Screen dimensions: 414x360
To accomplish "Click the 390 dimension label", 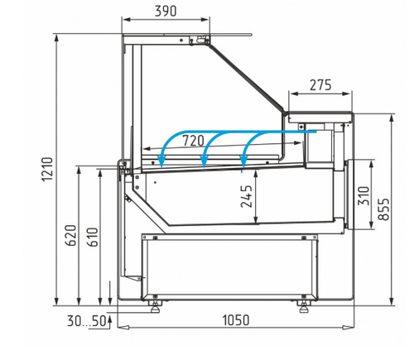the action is pyautogui.click(x=166, y=11).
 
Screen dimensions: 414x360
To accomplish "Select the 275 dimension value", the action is pyautogui.click(x=320, y=85).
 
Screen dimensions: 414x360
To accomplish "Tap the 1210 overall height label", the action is pyautogui.click(x=47, y=169).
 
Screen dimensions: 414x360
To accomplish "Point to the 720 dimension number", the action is pyautogui.click(x=194, y=141).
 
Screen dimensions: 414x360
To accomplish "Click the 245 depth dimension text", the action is pyautogui.click(x=247, y=196).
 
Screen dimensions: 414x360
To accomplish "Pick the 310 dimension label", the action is pyautogui.click(x=363, y=196).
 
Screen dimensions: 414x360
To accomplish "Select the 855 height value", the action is pyautogui.click(x=383, y=209).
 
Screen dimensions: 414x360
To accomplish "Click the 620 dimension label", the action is pyautogui.click(x=70, y=235).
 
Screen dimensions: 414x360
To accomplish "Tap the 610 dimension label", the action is pyautogui.click(x=93, y=237).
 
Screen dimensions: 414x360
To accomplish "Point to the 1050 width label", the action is pyautogui.click(x=236, y=320).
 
